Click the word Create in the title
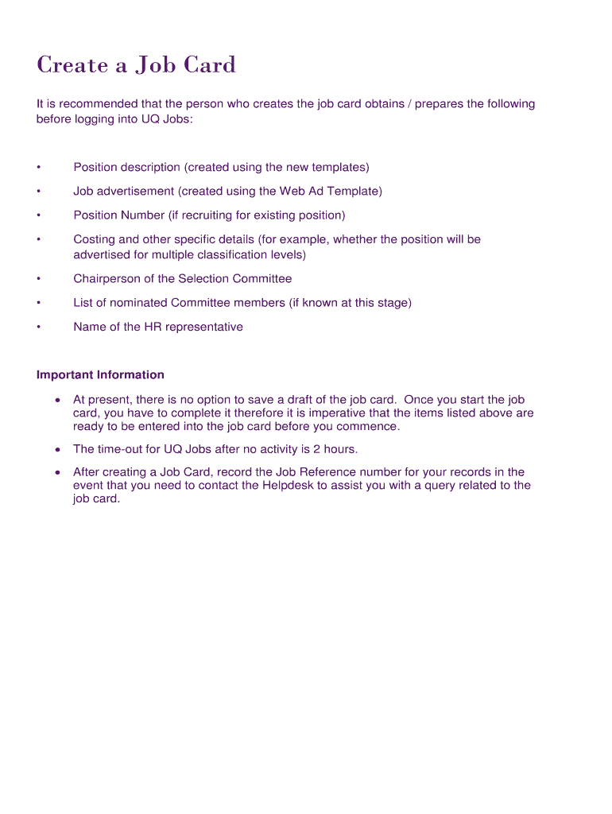[72, 65]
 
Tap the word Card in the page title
[211, 65]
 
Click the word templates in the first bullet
[339, 167]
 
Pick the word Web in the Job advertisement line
[289, 191]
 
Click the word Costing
[94, 239]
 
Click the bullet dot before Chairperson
[38, 279]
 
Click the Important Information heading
[100, 374]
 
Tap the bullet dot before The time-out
[57, 450]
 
